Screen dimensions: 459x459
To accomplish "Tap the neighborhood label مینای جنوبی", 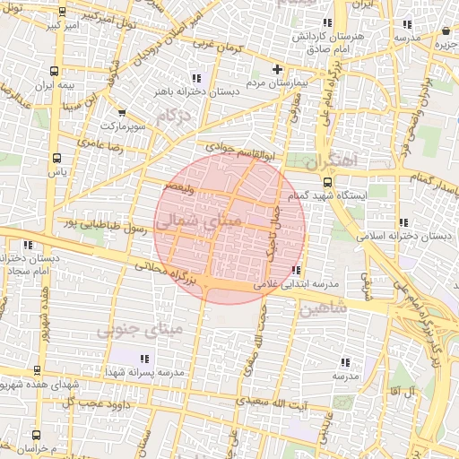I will tap(141, 330).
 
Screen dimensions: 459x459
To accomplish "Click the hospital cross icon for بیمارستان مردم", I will tap(277, 69).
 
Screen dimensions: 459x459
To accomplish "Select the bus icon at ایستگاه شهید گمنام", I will tap(325, 182).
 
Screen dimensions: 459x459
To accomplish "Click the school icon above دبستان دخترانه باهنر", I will tap(196, 75).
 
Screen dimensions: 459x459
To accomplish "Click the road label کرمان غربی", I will tap(208, 44).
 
